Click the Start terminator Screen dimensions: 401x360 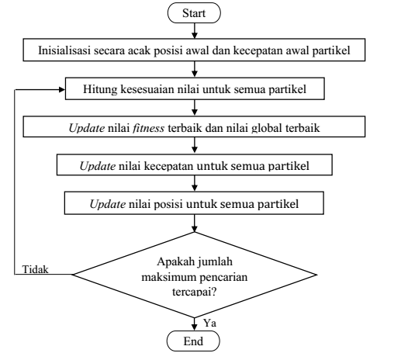click(194, 13)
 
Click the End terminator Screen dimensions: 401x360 click(193, 341)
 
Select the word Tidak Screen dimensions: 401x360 click(36, 269)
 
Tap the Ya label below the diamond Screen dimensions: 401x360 click(209, 323)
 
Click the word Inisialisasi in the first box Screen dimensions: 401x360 click(64, 50)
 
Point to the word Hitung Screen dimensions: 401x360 click(100, 89)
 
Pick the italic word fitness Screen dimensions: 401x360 click(148, 128)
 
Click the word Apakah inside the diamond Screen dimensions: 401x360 click(176, 261)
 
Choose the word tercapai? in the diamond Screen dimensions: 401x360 click(194, 292)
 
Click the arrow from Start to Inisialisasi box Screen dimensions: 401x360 click(195, 31)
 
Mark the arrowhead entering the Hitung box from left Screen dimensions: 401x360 click(62, 89)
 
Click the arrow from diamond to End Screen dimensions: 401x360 click(194, 324)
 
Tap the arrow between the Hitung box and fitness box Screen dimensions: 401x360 click(195, 108)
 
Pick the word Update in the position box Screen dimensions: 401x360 click(108, 204)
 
